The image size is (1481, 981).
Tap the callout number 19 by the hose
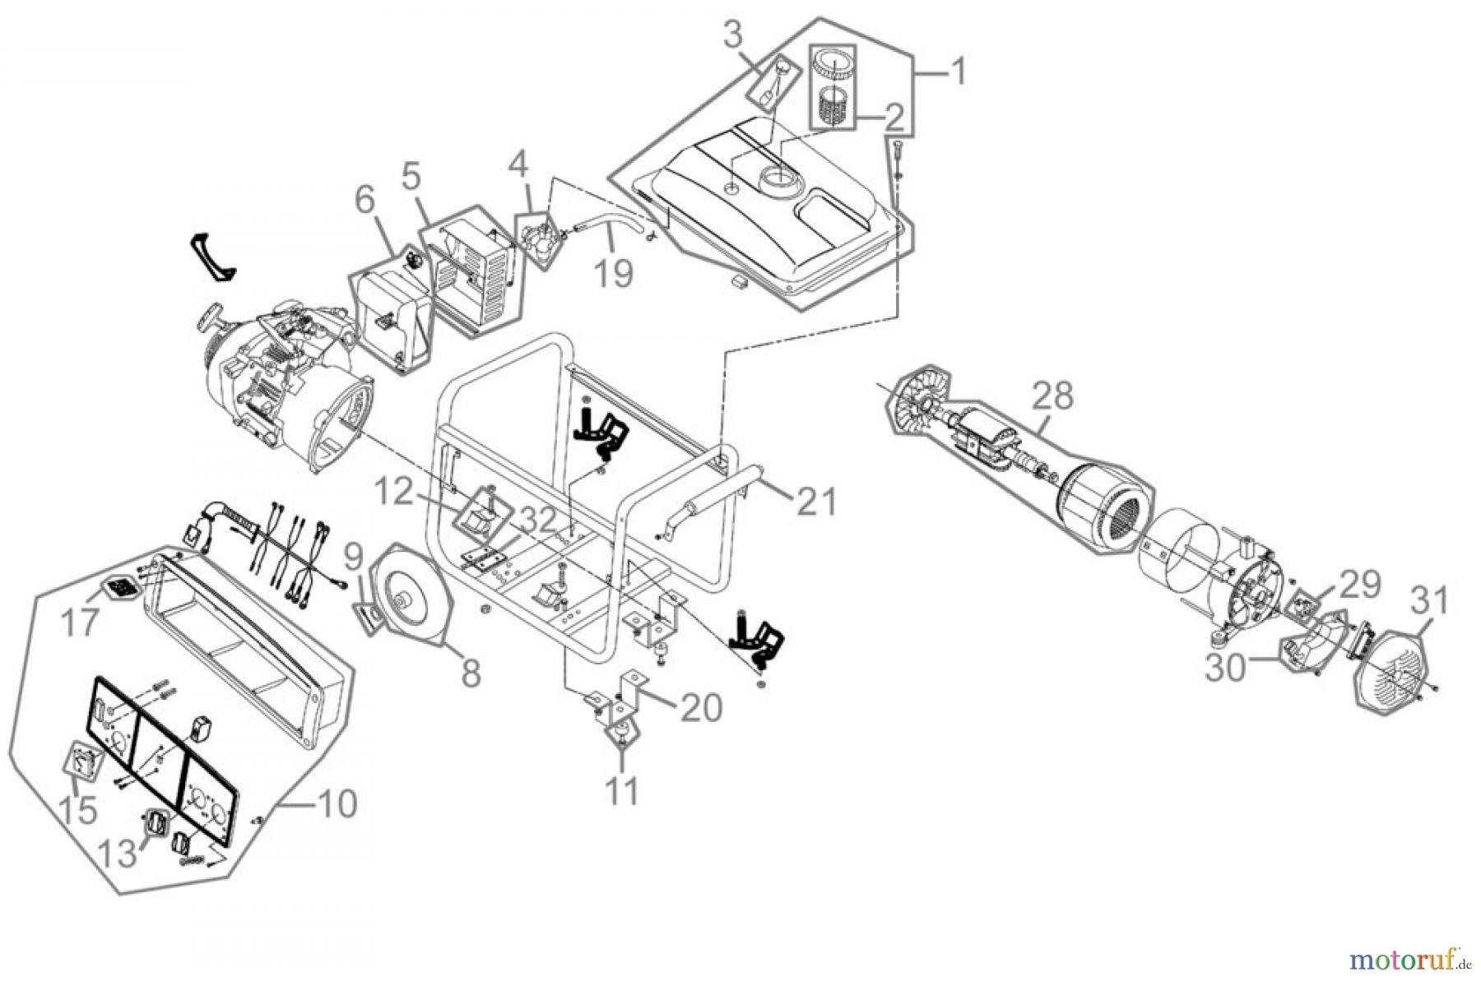point(614,272)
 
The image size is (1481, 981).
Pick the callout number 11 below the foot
point(622,792)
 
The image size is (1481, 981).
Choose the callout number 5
point(411,175)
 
